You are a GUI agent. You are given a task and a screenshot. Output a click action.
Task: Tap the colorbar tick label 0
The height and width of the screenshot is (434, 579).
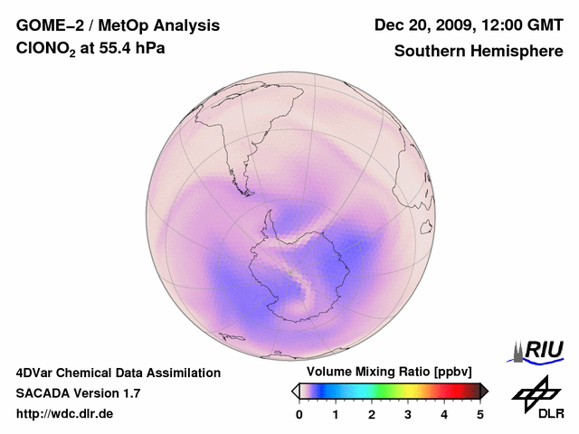(x=299, y=414)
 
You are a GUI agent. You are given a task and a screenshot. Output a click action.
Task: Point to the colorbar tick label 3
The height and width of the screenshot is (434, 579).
(x=408, y=414)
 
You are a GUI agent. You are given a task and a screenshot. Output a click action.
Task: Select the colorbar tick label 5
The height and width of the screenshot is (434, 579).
(x=480, y=414)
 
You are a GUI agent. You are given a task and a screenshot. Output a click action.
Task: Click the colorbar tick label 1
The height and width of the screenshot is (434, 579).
(x=336, y=414)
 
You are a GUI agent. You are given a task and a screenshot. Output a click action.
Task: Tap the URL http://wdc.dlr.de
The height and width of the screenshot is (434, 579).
(x=65, y=414)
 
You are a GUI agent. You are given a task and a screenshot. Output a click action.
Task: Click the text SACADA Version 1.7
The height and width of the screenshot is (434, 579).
(x=78, y=393)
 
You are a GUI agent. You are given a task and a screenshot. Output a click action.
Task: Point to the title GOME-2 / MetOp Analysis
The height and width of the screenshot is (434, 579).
(x=118, y=25)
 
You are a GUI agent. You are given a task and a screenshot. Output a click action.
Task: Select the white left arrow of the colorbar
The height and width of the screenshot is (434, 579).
(x=296, y=390)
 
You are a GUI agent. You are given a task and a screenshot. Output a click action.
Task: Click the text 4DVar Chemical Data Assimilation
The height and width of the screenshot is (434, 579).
(x=119, y=373)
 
